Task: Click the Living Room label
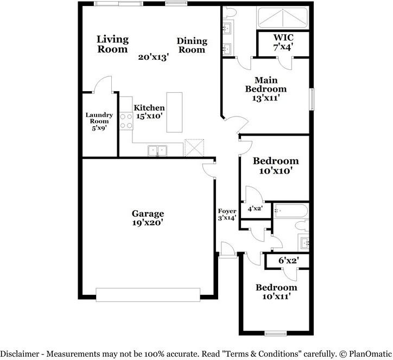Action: click(112, 44)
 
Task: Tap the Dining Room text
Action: click(192, 45)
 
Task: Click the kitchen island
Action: click(174, 112)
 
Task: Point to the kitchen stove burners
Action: click(126, 121)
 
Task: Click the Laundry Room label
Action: click(99, 121)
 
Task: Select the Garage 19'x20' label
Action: click(148, 217)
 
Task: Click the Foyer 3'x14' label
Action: click(227, 214)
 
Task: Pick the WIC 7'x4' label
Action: click(283, 43)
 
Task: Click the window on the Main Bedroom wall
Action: click(312, 99)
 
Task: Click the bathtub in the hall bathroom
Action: click(291, 210)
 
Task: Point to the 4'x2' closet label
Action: click(255, 208)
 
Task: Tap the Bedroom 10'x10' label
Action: click(276, 165)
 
